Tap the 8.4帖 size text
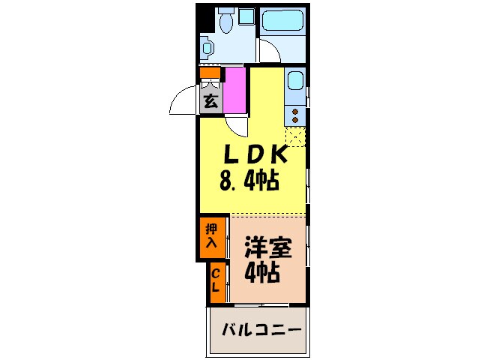click(x=249, y=180)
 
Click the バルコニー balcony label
click(x=261, y=330)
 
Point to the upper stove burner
click(x=295, y=111)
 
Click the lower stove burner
click(x=295, y=119)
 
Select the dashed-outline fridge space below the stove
click(x=296, y=137)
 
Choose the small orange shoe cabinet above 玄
click(x=211, y=73)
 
